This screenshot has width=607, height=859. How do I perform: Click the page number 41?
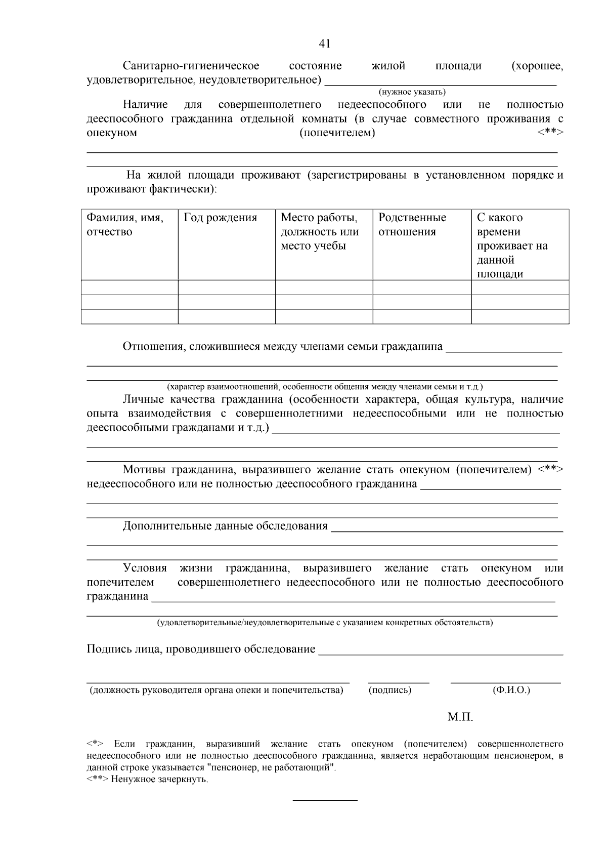pyautogui.click(x=325, y=44)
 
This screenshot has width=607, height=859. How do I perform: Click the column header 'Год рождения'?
pyautogui.click(x=221, y=218)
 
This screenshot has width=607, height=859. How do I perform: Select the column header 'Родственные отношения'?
pyautogui.click(x=412, y=225)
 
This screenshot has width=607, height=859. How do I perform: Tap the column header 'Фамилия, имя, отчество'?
pyautogui.click(x=124, y=225)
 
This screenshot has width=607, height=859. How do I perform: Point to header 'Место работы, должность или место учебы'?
pyautogui.click(x=320, y=232)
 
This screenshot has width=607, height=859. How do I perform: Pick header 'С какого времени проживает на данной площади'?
pyautogui.click(x=512, y=246)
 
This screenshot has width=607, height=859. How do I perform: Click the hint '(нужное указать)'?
pyautogui.click(x=412, y=92)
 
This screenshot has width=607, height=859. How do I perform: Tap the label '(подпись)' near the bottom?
pyautogui.click(x=390, y=690)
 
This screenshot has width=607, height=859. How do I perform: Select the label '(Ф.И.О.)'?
pyautogui.click(x=511, y=690)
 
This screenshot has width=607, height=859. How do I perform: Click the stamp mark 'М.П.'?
pyautogui.click(x=460, y=717)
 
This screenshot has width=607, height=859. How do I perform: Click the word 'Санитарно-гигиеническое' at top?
pyautogui.click(x=191, y=66)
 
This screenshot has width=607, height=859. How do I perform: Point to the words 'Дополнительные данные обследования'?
pyautogui.click(x=225, y=526)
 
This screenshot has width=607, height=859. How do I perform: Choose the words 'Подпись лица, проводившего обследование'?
pyautogui.click(x=201, y=649)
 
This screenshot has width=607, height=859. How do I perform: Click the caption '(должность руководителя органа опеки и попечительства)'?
pyautogui.click(x=216, y=690)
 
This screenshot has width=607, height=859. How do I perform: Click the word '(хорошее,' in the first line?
pyautogui.click(x=537, y=66)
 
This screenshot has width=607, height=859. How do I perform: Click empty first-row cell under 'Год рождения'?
pyautogui.click(x=226, y=288)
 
